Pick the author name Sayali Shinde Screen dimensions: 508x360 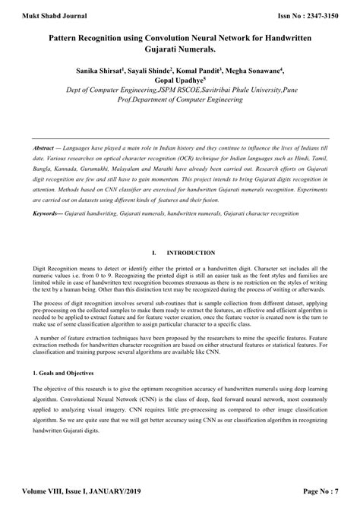[157, 70]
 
